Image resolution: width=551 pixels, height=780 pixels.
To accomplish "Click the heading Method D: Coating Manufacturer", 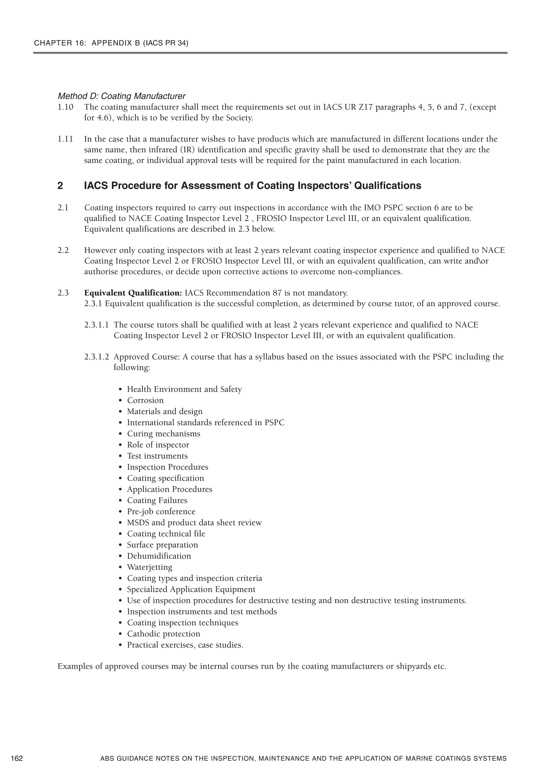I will pyautogui.click(x=122, y=96).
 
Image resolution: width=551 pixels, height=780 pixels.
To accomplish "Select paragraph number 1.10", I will pyautogui.click(x=65, y=107).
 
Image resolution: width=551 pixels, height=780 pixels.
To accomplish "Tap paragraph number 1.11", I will pyautogui.click(x=65, y=139).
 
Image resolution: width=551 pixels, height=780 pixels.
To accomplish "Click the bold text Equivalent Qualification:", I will pyautogui.click(x=133, y=293).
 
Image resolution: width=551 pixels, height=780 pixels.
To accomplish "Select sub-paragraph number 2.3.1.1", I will pyautogui.click(x=96, y=325).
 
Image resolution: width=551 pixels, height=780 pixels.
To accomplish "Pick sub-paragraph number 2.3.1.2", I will pyautogui.click(x=96, y=357).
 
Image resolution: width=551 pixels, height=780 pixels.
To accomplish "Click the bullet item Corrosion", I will pyautogui.click(x=145, y=401).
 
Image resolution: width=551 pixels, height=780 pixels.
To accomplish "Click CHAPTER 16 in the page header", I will pyautogui.click(x=60, y=43).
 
